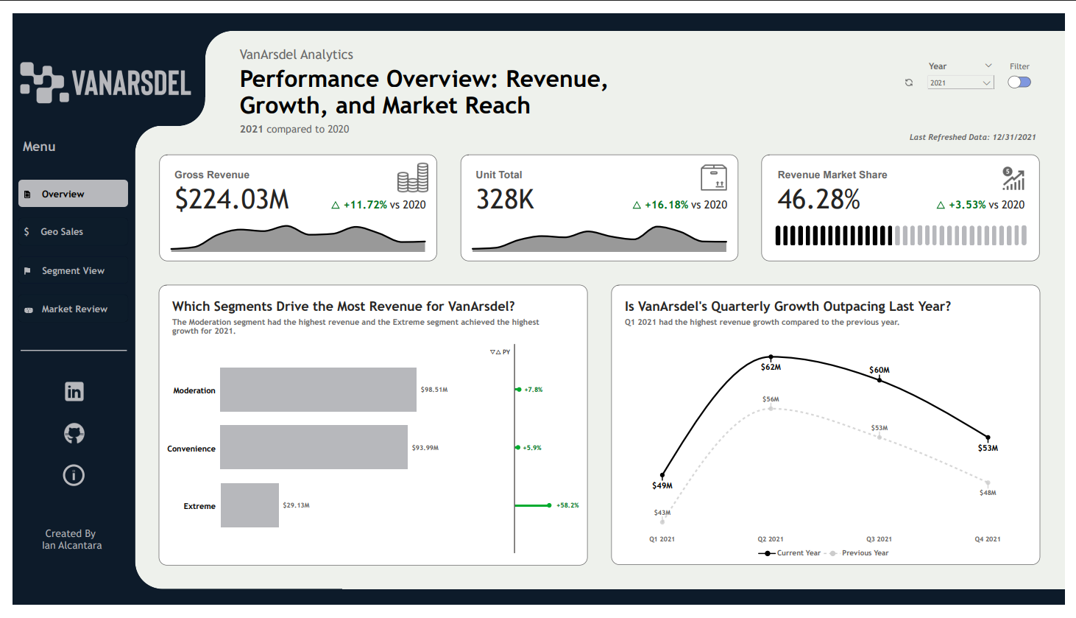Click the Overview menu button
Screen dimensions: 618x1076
[73, 194]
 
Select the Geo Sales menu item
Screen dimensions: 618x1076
[62, 232]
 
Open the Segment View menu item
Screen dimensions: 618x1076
[73, 271]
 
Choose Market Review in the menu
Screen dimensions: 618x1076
[74, 309]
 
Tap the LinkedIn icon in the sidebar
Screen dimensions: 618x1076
[74, 391]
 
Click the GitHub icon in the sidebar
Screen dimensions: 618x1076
[74, 433]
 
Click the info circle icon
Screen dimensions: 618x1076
[74, 475]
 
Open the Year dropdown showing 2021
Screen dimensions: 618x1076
[960, 83]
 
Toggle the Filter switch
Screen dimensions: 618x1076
[1019, 82]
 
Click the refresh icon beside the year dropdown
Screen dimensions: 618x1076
[909, 83]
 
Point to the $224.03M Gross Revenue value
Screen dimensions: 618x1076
[232, 200]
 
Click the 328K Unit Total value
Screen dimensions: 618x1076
[505, 200]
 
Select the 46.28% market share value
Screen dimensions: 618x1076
[818, 200]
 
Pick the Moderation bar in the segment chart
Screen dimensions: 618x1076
[318, 390]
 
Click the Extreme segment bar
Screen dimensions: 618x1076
[249, 505]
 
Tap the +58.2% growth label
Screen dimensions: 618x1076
[567, 505]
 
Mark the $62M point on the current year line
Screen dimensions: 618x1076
[771, 357]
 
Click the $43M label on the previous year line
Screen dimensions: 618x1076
[662, 513]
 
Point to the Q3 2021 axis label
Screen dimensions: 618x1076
[879, 539]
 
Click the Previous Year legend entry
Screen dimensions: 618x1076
[864, 553]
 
